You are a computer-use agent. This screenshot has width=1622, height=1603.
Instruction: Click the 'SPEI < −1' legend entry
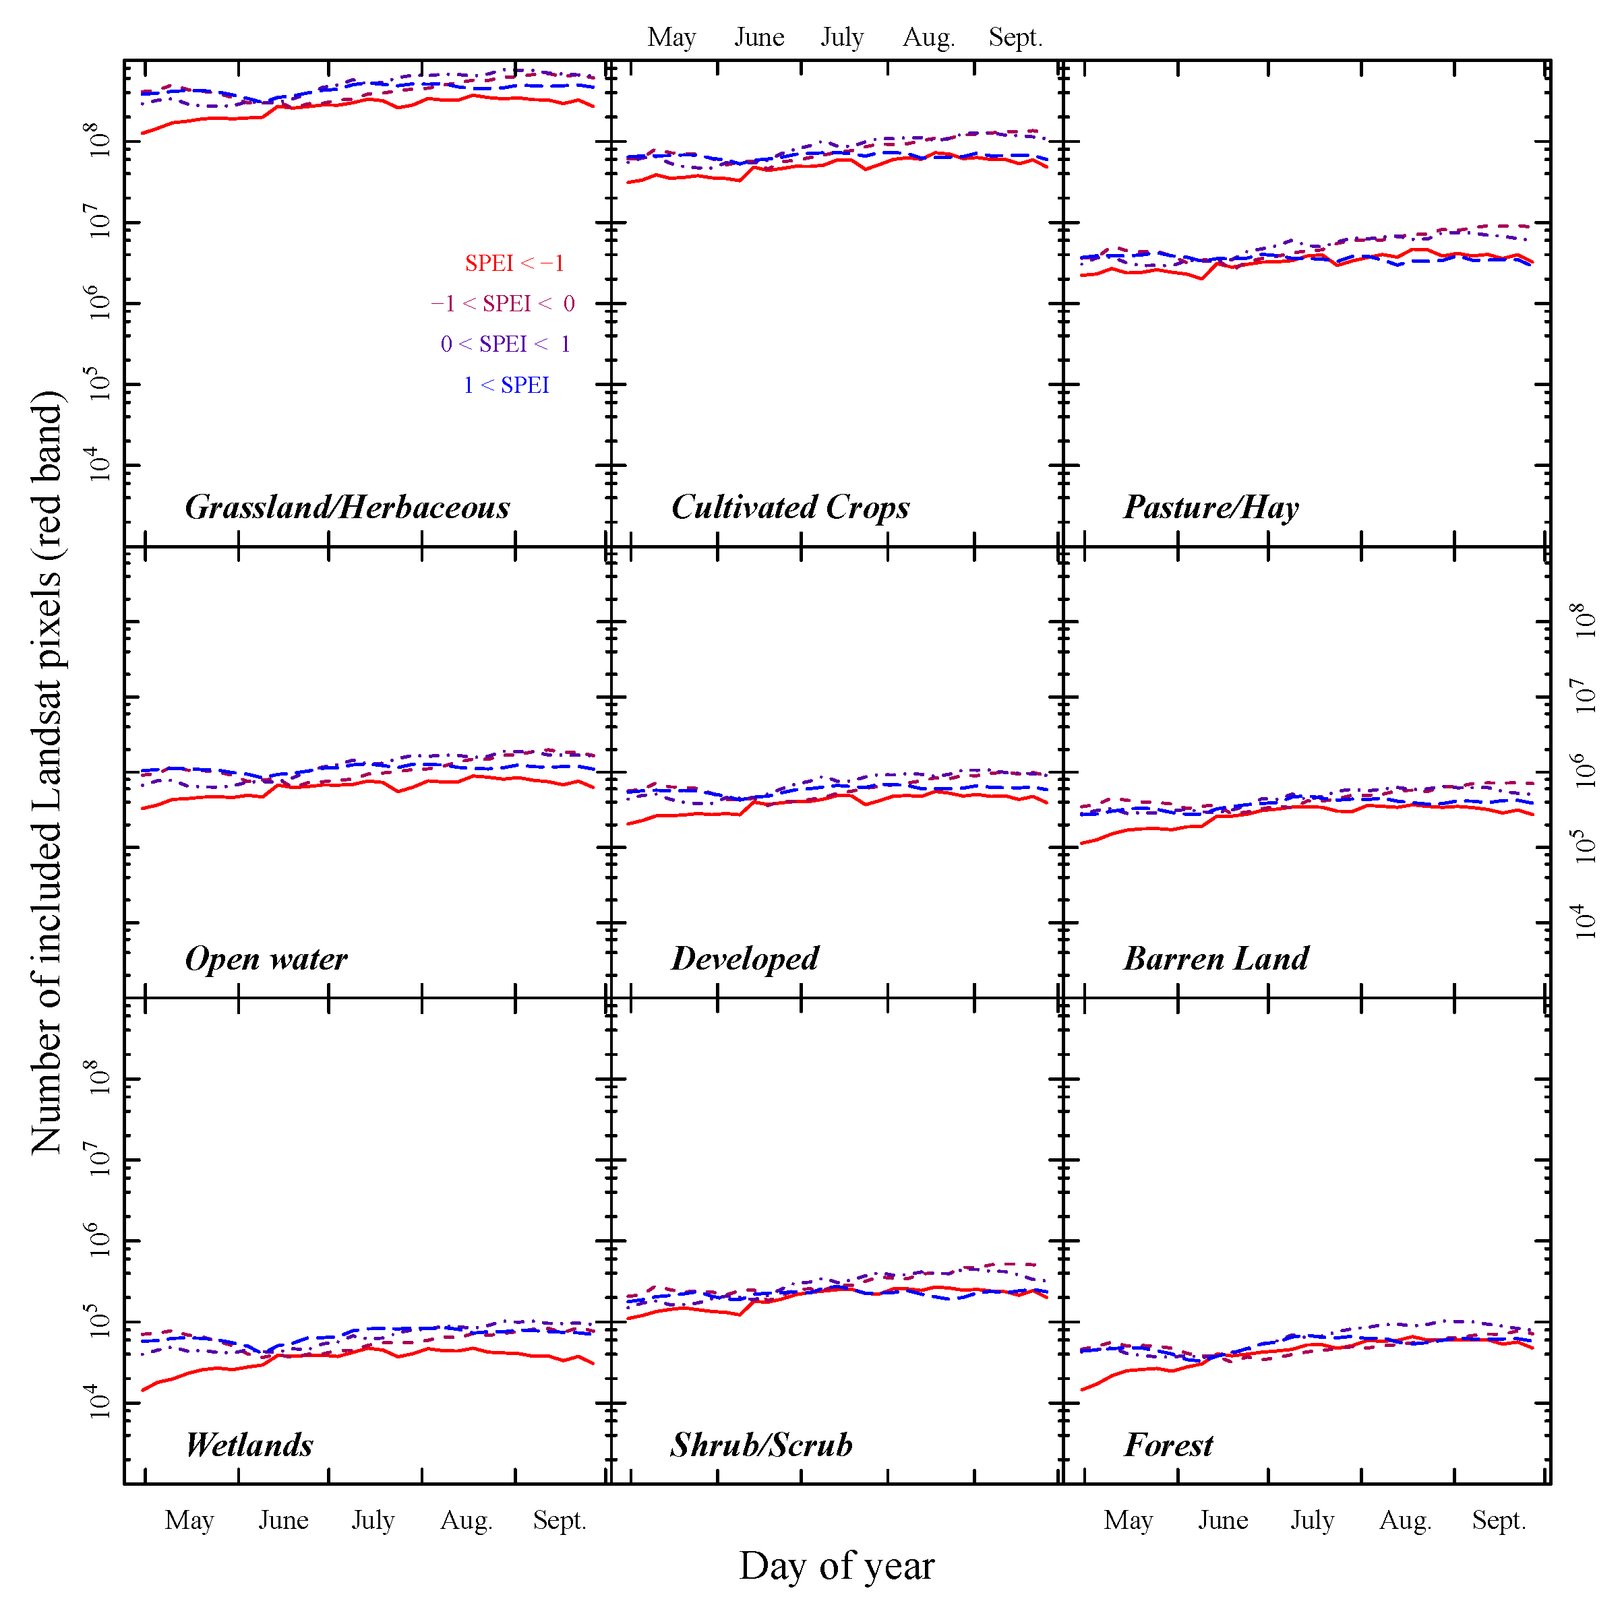[x=514, y=263]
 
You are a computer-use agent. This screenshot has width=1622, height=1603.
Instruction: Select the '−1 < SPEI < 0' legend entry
[x=503, y=304]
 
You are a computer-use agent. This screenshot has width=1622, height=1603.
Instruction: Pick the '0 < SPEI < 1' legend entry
[x=506, y=344]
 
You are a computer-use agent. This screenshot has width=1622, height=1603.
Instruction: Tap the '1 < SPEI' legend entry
[x=506, y=385]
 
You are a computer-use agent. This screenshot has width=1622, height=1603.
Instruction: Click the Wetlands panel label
[x=249, y=1445]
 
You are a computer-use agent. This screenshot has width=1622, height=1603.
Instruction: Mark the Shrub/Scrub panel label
[x=762, y=1445]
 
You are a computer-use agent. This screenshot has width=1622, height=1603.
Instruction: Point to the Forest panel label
[x=1168, y=1445]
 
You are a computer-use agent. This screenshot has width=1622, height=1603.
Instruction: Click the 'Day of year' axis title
[x=836, y=1566]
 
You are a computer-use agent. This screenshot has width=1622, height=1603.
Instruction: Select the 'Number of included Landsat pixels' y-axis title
[x=47, y=772]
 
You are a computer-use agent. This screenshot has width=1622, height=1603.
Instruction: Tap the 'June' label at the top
[x=759, y=38]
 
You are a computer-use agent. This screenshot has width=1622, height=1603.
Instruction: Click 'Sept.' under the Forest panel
[x=1499, y=1520]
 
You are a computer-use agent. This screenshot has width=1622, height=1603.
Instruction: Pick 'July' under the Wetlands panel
[x=373, y=1520]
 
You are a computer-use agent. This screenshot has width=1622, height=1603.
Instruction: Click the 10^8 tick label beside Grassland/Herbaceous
[x=100, y=140]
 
